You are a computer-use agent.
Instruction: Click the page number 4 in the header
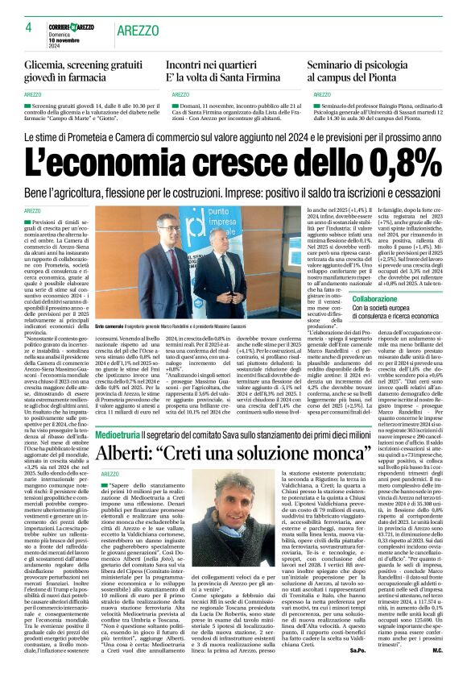pos(29,27)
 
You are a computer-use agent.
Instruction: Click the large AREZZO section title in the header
pos(139,31)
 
